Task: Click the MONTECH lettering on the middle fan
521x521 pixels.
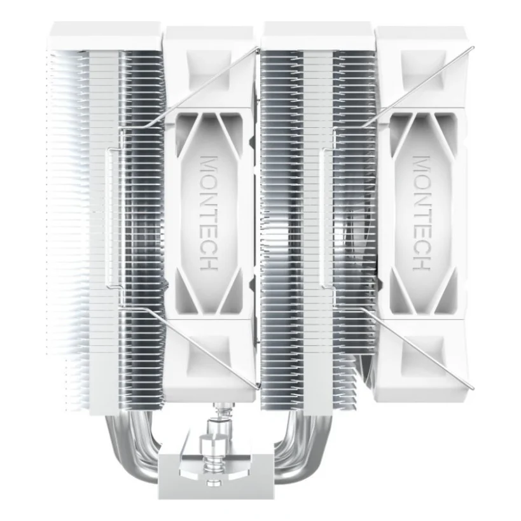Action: tap(209, 213)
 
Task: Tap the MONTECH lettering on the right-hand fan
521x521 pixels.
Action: tap(421, 213)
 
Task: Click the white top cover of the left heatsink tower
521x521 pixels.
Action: tap(107, 36)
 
